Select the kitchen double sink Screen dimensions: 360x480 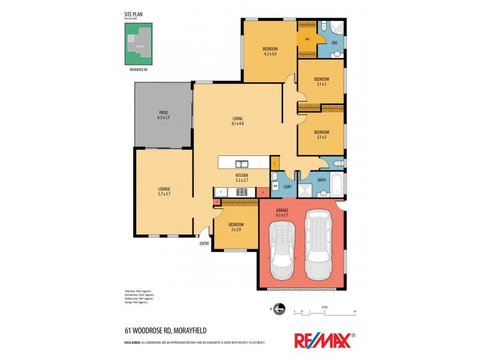click(x=242, y=163)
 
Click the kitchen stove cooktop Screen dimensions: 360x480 click(x=242, y=192)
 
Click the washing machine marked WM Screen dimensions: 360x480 click(x=275, y=187)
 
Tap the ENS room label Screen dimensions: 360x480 click(x=334, y=43)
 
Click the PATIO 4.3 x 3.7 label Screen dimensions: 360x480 click(x=163, y=115)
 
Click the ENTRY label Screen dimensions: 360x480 click(x=205, y=244)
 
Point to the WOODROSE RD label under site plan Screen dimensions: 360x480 click(x=138, y=70)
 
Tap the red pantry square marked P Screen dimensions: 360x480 click(x=263, y=192)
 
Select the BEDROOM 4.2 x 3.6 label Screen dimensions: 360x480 click(x=270, y=51)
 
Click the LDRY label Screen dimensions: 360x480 click(x=287, y=187)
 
